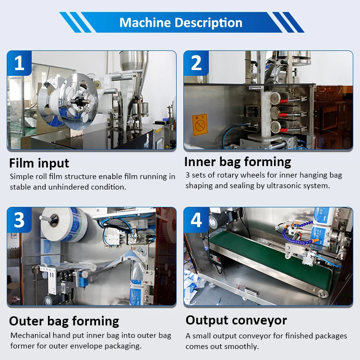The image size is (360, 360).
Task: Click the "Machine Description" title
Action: [180, 23]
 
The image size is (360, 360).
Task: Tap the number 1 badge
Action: [19, 63]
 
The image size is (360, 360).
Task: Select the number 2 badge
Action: [196, 63]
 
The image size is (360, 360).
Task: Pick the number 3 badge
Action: [19, 220]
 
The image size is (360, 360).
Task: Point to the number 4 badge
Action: [196, 220]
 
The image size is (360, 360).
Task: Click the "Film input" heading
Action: [39, 163]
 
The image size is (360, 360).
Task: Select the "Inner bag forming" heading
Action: [238, 161]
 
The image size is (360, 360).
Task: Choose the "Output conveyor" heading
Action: [236, 320]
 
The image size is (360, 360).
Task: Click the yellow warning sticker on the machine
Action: [199, 124]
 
